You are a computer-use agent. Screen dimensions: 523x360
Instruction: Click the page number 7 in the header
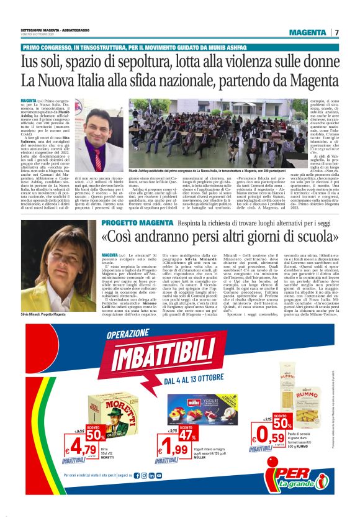click(x=337, y=32)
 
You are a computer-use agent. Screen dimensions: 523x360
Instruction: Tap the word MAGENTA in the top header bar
click(x=308, y=32)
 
